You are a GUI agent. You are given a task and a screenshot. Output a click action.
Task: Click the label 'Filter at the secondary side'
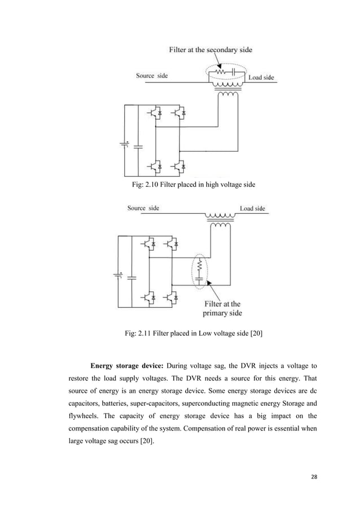coord(210,50)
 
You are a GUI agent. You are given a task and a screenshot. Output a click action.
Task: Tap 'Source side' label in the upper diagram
coord(152,76)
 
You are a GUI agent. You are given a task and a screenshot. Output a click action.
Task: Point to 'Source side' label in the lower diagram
coord(143,208)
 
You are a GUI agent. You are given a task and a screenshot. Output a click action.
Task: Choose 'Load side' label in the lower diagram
coord(252,209)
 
